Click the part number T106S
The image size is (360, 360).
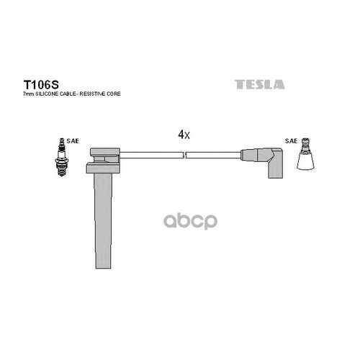[x=41, y=84]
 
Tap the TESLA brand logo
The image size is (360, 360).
[x=259, y=84]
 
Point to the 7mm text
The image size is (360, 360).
[x=29, y=94]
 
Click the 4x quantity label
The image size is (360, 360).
[x=184, y=135]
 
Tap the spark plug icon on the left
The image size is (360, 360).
[x=62, y=157]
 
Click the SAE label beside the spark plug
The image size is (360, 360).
[x=73, y=141]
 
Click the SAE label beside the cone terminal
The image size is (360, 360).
[x=292, y=141]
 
